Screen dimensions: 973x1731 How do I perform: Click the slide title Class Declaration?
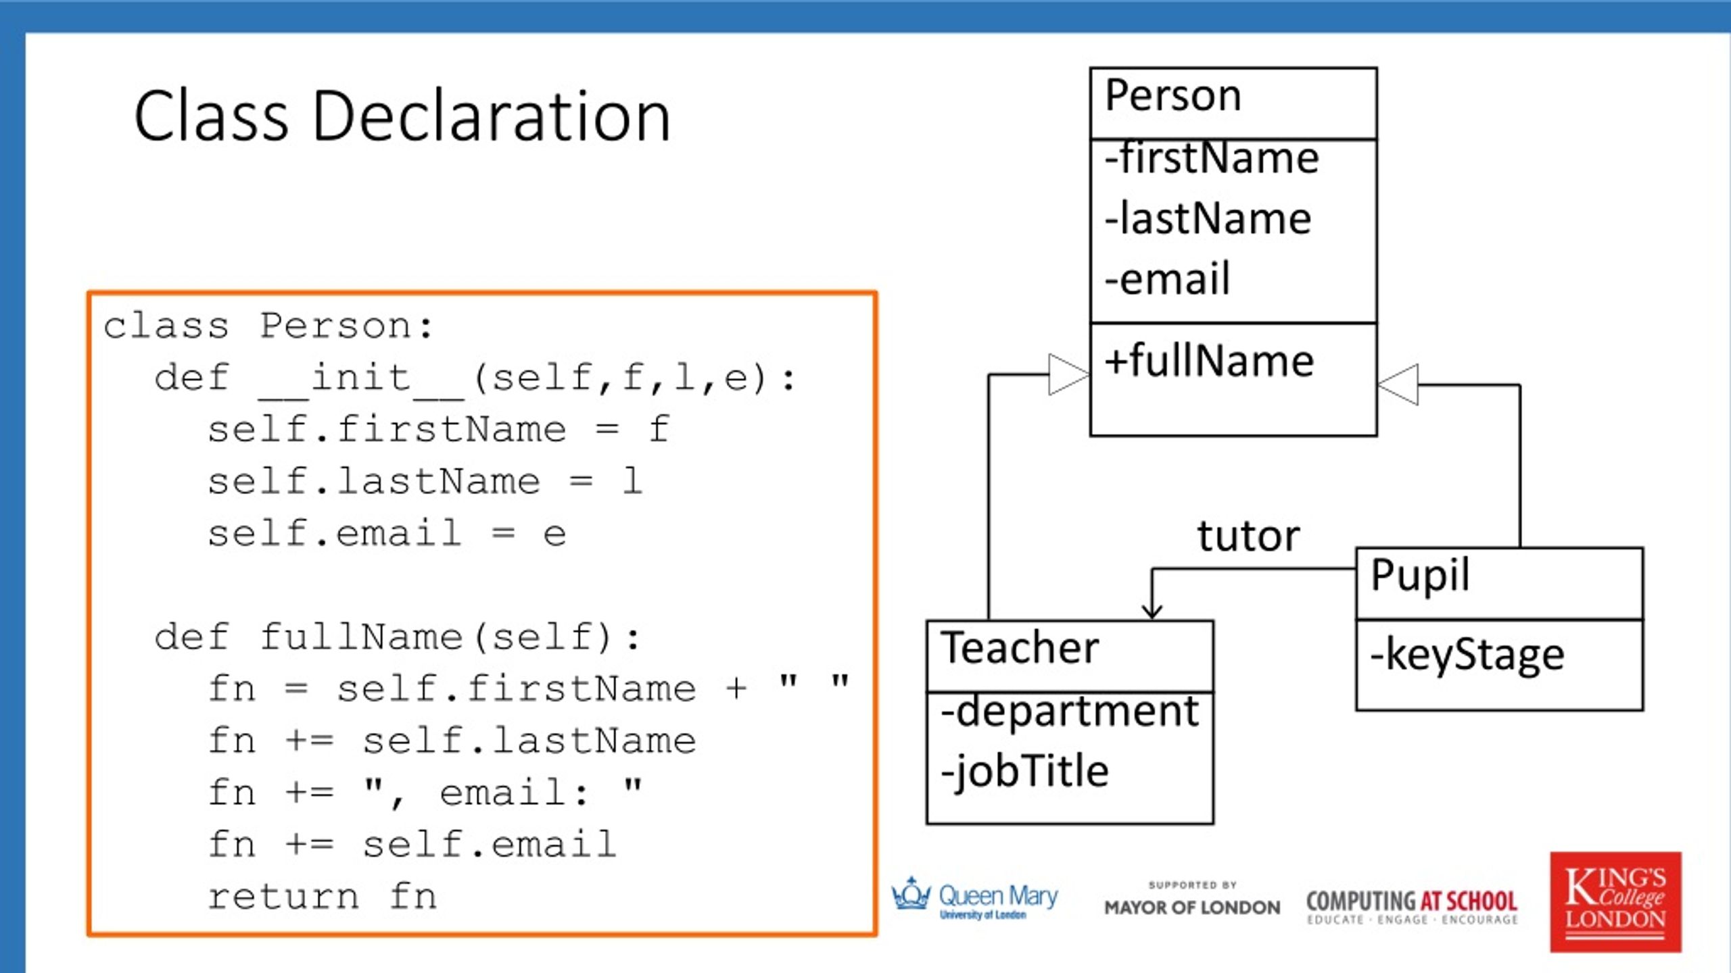tap(402, 116)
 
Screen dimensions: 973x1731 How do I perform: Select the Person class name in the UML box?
tap(1173, 95)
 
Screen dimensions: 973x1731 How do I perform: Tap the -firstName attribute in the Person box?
tap(1212, 159)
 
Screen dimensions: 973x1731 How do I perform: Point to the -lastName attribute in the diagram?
tap(1208, 219)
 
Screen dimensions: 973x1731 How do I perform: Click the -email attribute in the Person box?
tap(1168, 279)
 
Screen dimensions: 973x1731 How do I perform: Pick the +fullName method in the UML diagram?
tap(1210, 361)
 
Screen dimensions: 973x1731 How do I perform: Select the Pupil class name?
tap(1420, 576)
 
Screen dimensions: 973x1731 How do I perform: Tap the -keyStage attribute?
tap(1467, 655)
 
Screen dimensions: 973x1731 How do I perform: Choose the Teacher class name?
tap(1020, 648)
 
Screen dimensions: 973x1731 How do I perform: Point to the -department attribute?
tap(1070, 712)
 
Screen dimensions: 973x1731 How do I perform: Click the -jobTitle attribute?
tap(1025, 771)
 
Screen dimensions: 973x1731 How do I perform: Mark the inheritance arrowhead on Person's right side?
tap(1398, 384)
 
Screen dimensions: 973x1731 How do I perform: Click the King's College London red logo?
tap(1615, 901)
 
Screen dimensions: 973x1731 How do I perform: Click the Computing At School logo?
tap(1412, 906)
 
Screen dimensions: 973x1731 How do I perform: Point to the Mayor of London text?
tap(1192, 907)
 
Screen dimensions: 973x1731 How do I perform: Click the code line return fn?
tap(322, 897)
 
